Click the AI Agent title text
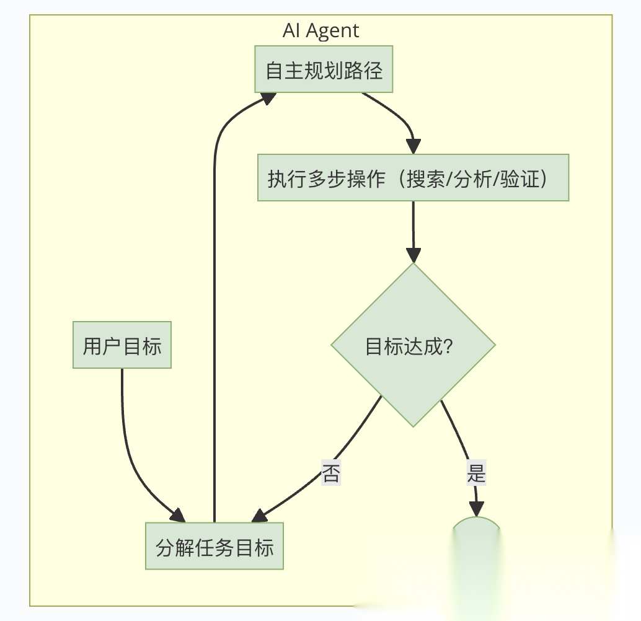click(x=320, y=30)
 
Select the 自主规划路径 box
click(x=324, y=69)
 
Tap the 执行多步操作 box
click(x=413, y=178)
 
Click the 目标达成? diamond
click(x=413, y=345)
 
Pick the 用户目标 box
click(x=122, y=345)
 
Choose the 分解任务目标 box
click(x=214, y=547)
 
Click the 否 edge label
click(x=330, y=473)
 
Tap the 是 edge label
click(x=476, y=473)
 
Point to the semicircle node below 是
click(x=476, y=533)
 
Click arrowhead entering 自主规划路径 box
click(x=268, y=99)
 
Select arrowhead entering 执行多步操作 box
click(x=413, y=146)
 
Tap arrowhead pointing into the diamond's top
click(x=413, y=255)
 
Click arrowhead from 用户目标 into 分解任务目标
click(x=178, y=515)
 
